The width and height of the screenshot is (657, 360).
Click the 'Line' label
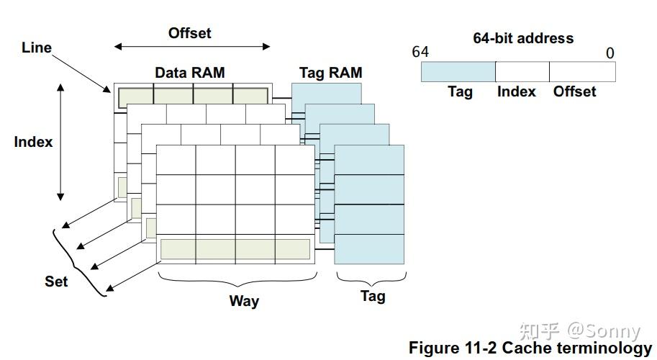[37, 48]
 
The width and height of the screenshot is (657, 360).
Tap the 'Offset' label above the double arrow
[190, 33]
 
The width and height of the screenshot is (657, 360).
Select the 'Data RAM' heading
[190, 73]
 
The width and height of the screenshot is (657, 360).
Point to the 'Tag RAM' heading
[330, 73]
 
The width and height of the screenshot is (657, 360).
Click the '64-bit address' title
[523, 38]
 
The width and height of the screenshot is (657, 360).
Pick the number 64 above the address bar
[420, 53]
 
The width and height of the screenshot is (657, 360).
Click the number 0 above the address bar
[610, 53]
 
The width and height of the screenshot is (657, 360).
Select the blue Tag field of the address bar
[458, 71]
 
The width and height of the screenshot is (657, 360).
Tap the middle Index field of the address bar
[522, 71]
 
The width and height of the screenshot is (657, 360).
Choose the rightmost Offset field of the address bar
[582, 71]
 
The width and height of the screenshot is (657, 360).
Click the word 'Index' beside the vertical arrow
[33, 142]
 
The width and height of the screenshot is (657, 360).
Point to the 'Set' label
[56, 282]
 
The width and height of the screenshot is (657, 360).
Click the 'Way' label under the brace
[244, 301]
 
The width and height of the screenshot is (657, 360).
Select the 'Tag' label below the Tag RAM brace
[373, 296]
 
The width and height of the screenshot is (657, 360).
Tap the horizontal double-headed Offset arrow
[192, 47]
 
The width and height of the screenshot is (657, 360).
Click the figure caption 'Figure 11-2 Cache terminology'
[530, 348]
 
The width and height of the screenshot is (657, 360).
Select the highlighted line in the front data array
[235, 248]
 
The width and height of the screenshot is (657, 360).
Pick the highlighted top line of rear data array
[194, 96]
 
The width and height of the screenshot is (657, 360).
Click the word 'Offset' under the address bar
[574, 91]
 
